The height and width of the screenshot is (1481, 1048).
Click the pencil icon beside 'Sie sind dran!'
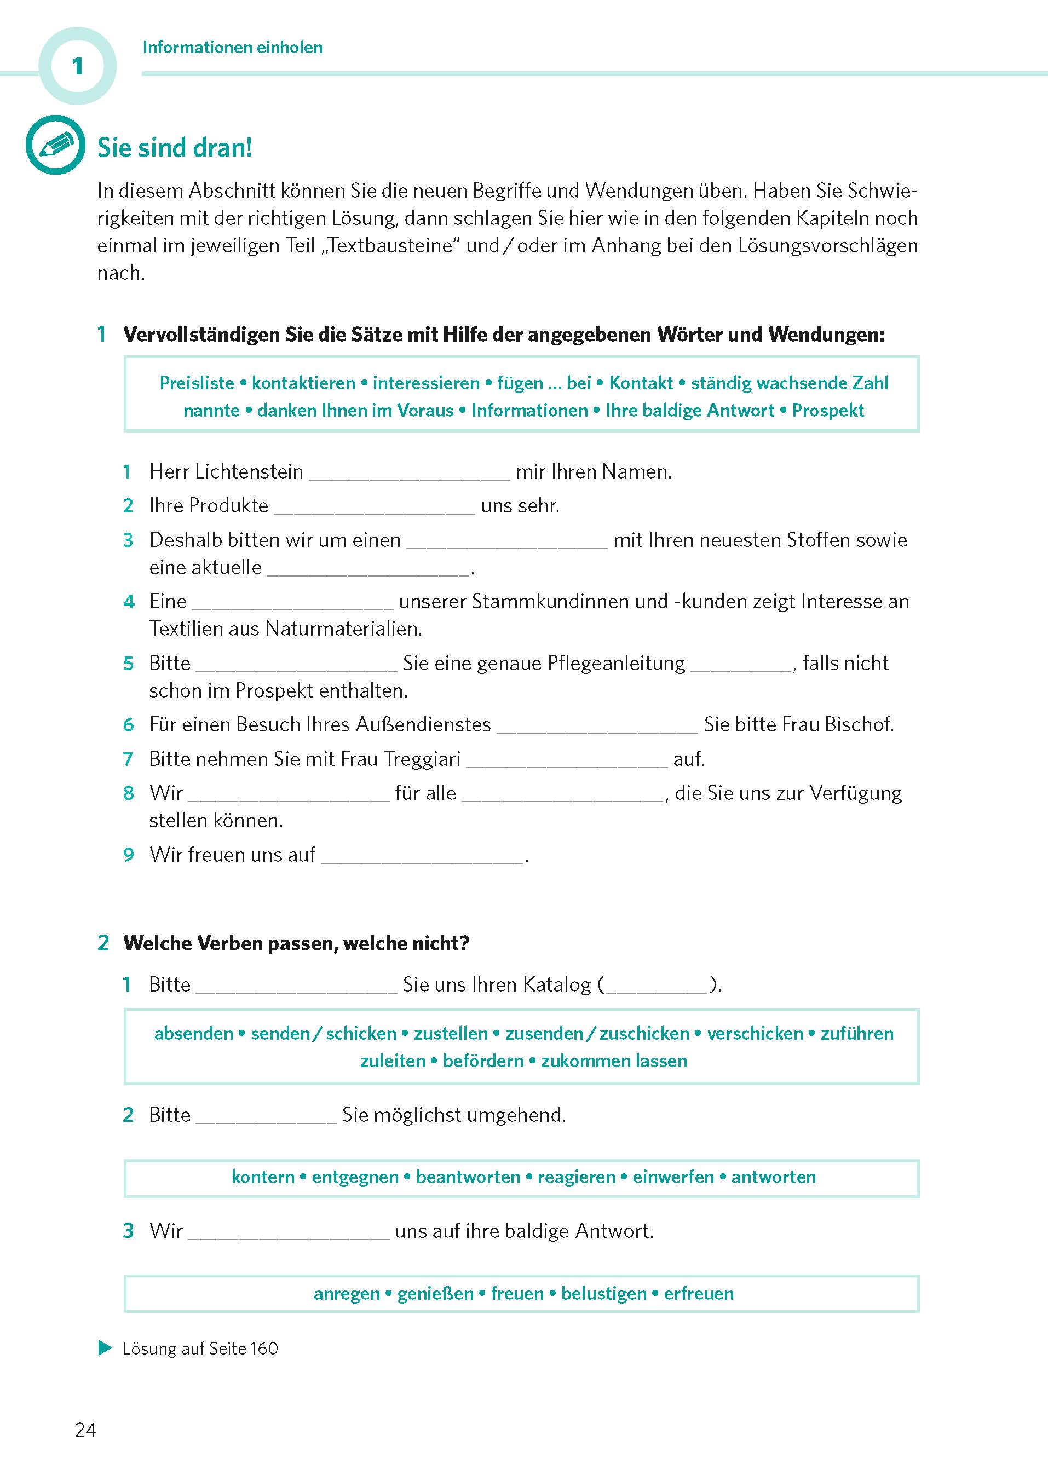pos(55,145)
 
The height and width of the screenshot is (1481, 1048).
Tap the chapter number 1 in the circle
pos(77,66)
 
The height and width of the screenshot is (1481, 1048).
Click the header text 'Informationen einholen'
pos(232,47)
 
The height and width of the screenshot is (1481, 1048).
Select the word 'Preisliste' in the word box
pos(197,383)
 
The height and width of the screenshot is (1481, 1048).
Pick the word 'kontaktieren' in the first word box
pos(303,383)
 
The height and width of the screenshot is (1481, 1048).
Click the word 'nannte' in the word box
pos(211,411)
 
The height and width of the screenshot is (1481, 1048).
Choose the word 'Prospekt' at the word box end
pos(828,411)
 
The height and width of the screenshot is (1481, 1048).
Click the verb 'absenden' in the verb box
pos(194,1033)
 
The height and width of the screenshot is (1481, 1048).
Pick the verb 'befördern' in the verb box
pos(483,1061)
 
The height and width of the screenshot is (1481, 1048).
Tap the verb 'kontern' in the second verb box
pos(263,1177)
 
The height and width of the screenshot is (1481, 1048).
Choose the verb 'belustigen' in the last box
pos(603,1294)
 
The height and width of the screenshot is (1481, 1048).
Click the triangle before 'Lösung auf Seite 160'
pos(105,1348)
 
